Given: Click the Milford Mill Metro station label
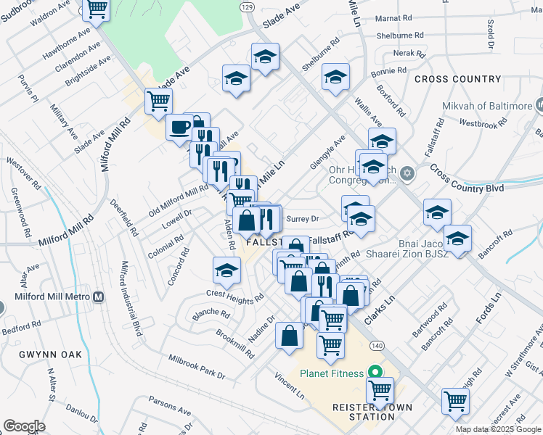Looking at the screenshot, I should tap(53, 298).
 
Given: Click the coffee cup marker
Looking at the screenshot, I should tap(179, 127).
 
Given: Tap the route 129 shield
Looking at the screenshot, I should tap(247, 6).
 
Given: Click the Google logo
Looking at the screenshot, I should tap(24, 426).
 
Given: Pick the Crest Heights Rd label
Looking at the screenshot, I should tap(234, 297).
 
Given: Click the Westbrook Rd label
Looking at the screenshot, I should tap(481, 124).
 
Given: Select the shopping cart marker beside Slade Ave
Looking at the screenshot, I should tap(158, 101).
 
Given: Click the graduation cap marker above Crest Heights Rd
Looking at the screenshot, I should tap(226, 270).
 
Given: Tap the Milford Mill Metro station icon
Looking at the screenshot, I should tap(99, 297).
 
